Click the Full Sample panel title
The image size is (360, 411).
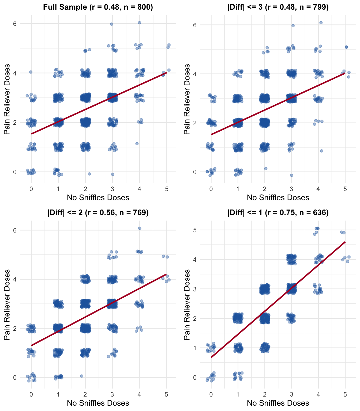(x=98, y=7)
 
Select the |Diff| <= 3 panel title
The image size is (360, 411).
(x=278, y=7)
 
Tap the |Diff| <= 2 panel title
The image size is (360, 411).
(x=98, y=212)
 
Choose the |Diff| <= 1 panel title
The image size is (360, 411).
(x=278, y=212)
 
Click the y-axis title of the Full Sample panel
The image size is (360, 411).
(x=7, y=99)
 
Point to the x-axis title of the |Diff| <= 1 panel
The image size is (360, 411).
(x=278, y=403)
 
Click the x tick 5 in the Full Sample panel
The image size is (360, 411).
(x=167, y=189)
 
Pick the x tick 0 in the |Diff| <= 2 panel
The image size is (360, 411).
(x=31, y=395)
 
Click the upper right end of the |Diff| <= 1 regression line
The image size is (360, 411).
(x=345, y=242)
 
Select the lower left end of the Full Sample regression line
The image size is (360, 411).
(x=31, y=134)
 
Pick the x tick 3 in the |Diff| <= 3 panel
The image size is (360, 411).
(x=291, y=189)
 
